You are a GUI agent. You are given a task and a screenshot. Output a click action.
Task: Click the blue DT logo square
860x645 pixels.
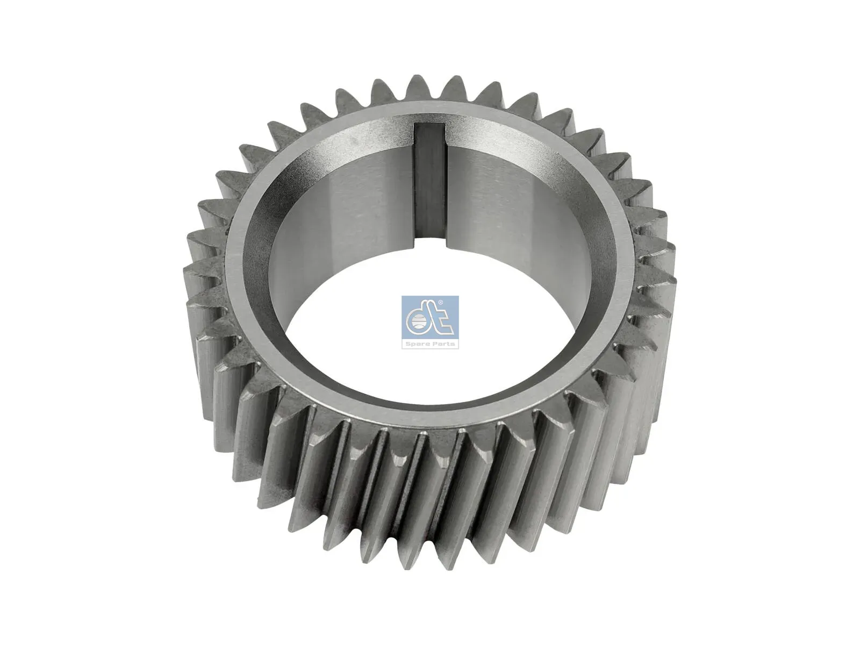pyautogui.click(x=430, y=322)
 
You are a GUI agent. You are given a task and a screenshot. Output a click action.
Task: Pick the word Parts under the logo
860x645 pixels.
pyautogui.click(x=443, y=344)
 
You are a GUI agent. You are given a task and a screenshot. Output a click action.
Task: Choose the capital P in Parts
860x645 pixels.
pyautogui.click(x=433, y=344)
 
